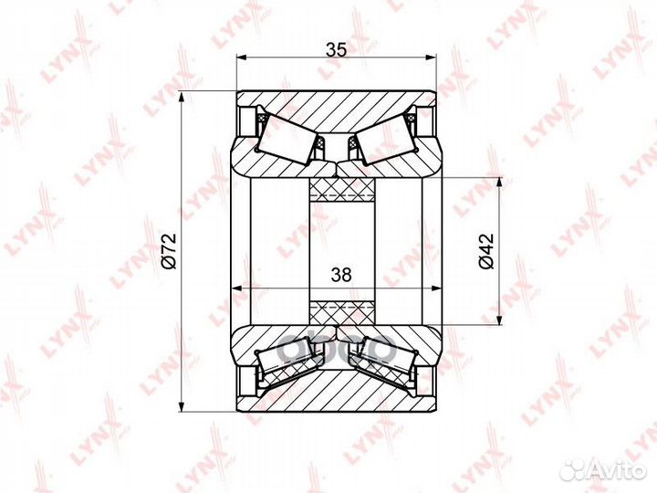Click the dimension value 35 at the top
(x=336, y=51)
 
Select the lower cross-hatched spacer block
(x=341, y=310)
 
